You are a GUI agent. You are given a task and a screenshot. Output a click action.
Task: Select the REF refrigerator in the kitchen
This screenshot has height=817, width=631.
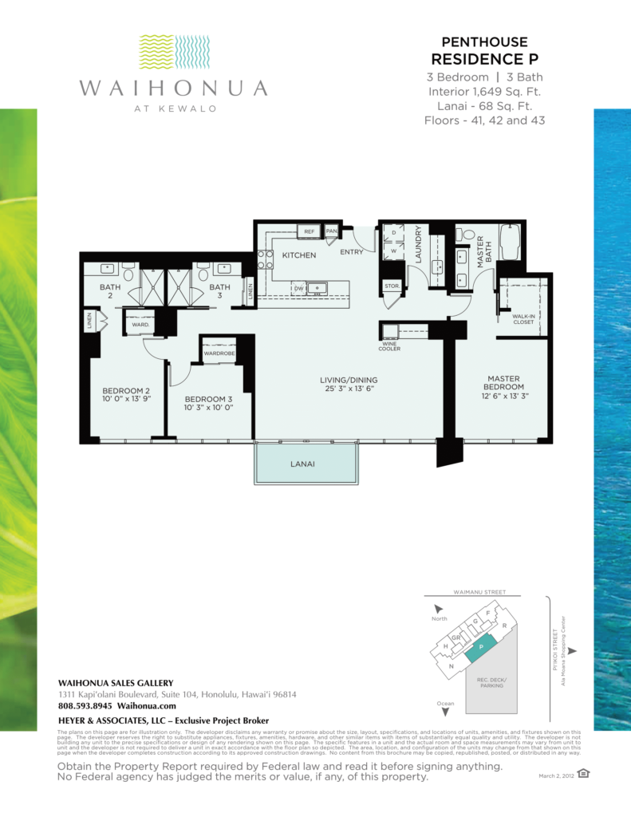tap(309, 231)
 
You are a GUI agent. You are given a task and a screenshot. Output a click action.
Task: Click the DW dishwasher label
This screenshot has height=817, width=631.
tap(299, 288)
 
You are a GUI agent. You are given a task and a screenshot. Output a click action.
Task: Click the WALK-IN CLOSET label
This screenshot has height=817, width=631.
tap(523, 319)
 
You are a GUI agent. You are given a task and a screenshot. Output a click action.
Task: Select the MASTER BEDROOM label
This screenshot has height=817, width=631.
tap(503, 384)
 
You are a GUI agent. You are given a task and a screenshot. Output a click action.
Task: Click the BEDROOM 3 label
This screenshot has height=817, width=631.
tap(208, 399)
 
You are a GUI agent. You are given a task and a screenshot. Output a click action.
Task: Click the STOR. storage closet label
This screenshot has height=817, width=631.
tap(392, 285)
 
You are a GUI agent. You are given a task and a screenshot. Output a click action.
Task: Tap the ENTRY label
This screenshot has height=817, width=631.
tap(351, 252)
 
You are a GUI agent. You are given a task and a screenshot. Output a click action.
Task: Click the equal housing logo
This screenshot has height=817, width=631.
tap(584, 772)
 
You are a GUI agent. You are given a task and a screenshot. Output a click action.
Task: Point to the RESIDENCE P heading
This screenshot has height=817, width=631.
tap(483, 59)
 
